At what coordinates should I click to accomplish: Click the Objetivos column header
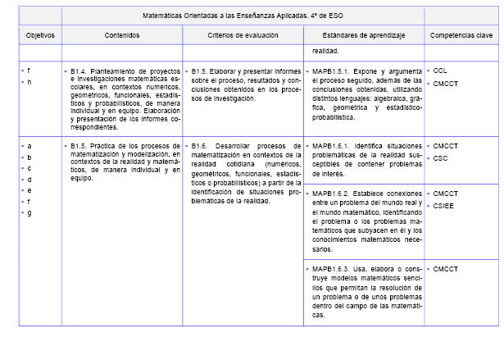pyautogui.click(x=39, y=36)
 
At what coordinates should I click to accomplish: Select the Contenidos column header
pyautogui.click(x=122, y=36)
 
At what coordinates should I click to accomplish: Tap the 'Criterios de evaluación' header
pyautogui.click(x=243, y=36)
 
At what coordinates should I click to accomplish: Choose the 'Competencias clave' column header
pyautogui.click(x=461, y=36)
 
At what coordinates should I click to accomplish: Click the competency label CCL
pyautogui.click(x=440, y=71)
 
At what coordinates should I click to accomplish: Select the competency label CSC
pyautogui.click(x=440, y=157)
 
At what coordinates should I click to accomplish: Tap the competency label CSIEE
pyautogui.click(x=443, y=206)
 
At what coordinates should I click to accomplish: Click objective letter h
pyautogui.click(x=29, y=83)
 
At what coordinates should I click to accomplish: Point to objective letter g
pyautogui.click(x=29, y=213)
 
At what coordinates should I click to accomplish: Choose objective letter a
pyautogui.click(x=29, y=146)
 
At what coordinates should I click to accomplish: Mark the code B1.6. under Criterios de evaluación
pyautogui.click(x=202, y=146)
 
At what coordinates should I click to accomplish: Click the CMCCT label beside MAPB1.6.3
pyautogui.click(x=445, y=268)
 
